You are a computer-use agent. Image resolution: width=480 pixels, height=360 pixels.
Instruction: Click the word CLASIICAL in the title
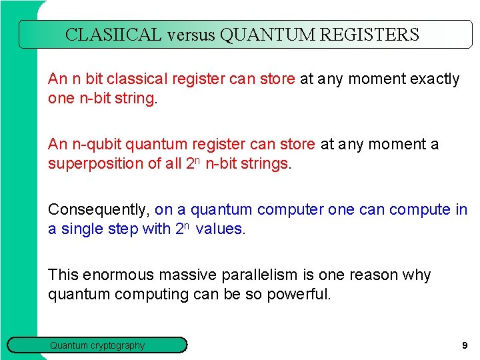pyautogui.click(x=113, y=35)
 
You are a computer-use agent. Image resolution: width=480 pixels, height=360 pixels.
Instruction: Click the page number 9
pyautogui.click(x=464, y=345)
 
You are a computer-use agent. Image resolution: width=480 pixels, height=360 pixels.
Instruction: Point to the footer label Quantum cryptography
pyautogui.click(x=97, y=345)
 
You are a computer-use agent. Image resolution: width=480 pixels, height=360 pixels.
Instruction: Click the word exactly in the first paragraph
pyautogui.click(x=435, y=79)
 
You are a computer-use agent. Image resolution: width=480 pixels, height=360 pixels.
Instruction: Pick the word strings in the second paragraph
pyautogui.click(x=266, y=164)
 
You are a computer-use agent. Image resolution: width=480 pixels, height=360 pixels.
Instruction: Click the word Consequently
pyautogui.click(x=99, y=210)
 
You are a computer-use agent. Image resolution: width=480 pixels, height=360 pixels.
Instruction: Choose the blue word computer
pyautogui.click(x=291, y=210)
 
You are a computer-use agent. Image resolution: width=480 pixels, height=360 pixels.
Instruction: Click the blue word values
pyautogui.click(x=219, y=229)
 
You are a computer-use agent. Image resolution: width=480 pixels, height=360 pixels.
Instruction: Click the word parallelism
pyautogui.click(x=255, y=275)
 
